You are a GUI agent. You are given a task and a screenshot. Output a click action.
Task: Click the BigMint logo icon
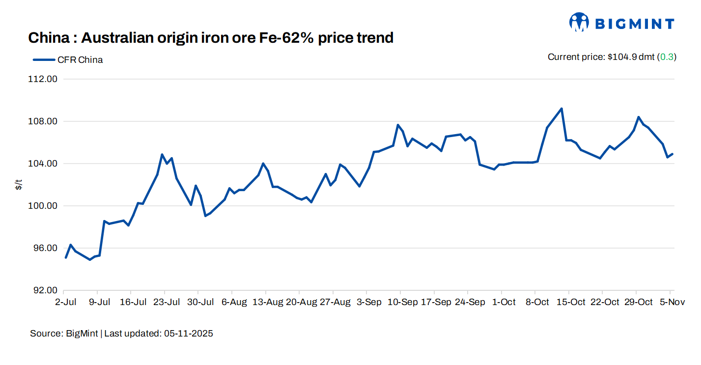pos(579,23)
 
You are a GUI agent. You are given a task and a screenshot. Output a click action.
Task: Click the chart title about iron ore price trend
pos(211,37)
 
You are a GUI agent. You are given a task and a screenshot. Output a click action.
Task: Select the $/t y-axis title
pos(18,185)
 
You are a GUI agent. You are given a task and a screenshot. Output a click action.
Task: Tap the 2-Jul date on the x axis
pos(65,302)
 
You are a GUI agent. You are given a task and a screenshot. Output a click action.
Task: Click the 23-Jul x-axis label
pos(167,302)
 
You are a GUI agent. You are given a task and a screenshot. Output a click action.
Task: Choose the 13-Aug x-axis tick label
pos(267,302)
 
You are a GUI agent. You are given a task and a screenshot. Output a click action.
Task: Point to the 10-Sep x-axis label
pos(402,302)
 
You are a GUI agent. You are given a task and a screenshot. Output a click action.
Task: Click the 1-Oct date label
pos(504,302)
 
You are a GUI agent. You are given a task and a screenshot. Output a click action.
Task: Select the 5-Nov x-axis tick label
pos(673,302)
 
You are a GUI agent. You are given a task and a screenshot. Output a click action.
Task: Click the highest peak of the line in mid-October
pos(561,109)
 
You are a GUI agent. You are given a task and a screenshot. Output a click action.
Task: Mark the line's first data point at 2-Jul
pos(66,257)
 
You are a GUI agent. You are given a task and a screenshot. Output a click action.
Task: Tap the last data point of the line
pos(673,154)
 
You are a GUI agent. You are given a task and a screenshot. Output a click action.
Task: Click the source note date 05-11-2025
pos(188,334)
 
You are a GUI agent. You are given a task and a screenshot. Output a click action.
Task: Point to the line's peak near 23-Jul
pos(162,155)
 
